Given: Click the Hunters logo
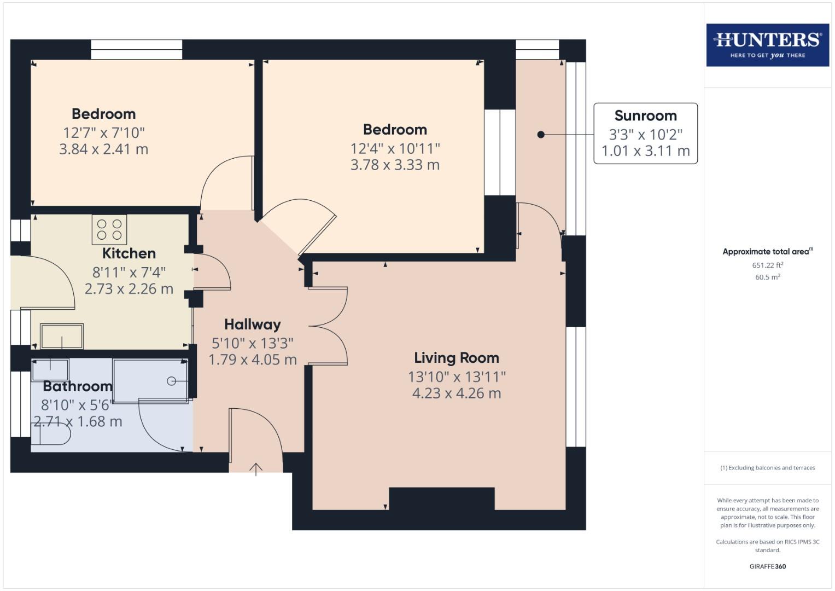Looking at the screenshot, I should (x=767, y=45).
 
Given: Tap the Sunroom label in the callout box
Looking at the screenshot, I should (x=645, y=115).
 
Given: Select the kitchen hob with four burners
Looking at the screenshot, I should (x=109, y=229).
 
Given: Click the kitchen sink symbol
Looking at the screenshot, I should (x=62, y=336).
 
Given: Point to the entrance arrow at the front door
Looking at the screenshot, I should (x=256, y=469).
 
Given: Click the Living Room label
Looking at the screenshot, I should (x=456, y=358).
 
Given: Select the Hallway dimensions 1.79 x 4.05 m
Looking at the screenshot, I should (x=252, y=360).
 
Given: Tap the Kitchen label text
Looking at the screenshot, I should (x=129, y=253).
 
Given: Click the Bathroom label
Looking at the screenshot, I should (x=78, y=386).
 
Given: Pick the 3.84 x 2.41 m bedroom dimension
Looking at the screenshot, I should (x=103, y=149).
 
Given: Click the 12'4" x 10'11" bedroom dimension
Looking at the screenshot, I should (x=395, y=148).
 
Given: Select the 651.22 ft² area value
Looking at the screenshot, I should (x=767, y=265).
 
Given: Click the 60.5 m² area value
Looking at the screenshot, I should (x=767, y=277).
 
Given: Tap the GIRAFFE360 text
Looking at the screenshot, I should (x=767, y=566).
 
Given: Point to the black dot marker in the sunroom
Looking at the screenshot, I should (x=540, y=135).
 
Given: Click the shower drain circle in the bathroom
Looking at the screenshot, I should (x=171, y=381).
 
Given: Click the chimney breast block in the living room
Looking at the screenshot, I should (x=441, y=499).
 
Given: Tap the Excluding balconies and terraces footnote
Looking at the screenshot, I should (x=767, y=468).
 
